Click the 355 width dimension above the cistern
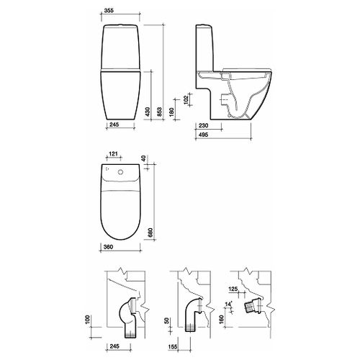coord(109,10)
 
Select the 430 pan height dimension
coord(148,112)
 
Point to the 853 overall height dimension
coord(160,112)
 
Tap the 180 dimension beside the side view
coord(171,112)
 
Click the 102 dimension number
coord(186,99)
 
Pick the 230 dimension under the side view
coord(204,125)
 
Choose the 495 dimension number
coord(204,135)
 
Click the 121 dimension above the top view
coord(113,153)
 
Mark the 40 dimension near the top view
coord(143,158)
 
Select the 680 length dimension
coord(150,233)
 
